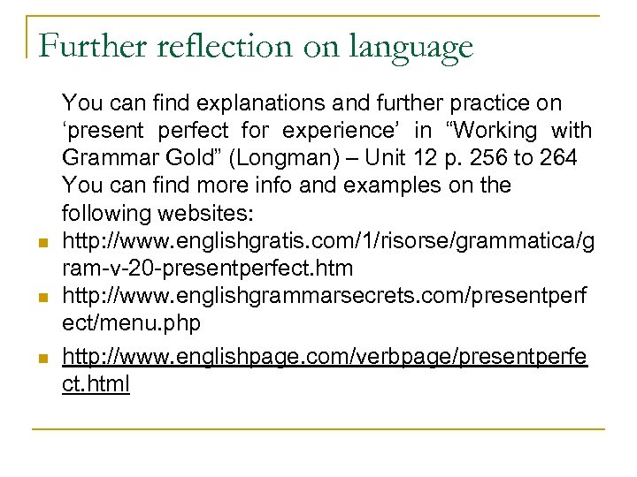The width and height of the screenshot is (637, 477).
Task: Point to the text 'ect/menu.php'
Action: [x=131, y=323]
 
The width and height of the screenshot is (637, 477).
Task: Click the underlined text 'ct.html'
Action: [x=96, y=385]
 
